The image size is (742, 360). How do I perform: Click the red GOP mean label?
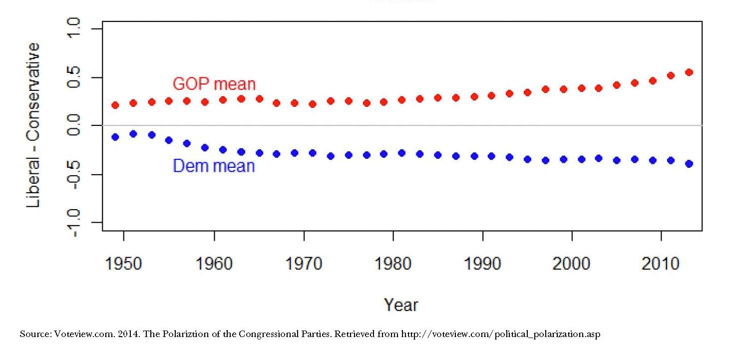214,84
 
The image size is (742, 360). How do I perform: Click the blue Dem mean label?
214,166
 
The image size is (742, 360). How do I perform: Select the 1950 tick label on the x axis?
124,263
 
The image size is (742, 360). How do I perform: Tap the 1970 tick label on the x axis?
304,263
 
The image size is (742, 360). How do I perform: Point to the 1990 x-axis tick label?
483,263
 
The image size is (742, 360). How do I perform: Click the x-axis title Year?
400,305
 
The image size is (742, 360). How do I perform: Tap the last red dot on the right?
689,72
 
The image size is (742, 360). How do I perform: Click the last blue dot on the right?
689,164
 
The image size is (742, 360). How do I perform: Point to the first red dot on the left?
115,105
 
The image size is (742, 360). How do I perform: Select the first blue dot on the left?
115,137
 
